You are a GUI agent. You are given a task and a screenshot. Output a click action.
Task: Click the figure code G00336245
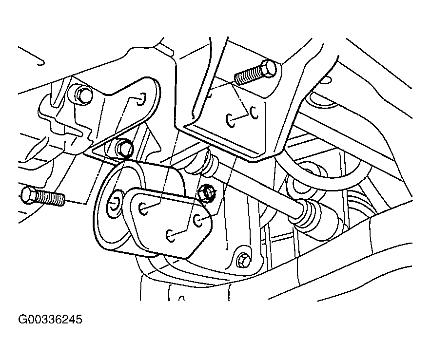pos(50,320)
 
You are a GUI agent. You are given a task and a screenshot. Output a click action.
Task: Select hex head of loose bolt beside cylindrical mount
pos(28,195)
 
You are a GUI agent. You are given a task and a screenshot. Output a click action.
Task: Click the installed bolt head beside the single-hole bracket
pos(83,95)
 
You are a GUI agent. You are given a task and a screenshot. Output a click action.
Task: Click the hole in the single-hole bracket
pos(141,99)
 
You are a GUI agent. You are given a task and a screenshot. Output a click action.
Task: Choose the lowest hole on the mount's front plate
pos(171,236)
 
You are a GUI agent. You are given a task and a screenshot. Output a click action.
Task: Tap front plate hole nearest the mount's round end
pos(143,208)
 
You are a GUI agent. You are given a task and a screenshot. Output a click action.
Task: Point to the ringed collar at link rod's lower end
pos(305,214)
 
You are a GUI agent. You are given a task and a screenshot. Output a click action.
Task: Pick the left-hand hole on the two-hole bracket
pos(231,120)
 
